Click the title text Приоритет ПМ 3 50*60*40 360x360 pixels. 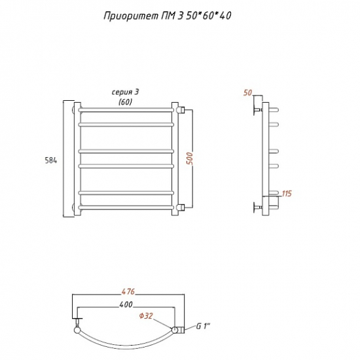point(168,16)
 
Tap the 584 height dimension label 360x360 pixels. point(51,160)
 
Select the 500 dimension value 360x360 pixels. point(190,158)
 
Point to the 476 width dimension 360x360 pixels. point(128,291)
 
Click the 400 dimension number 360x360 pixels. point(126,304)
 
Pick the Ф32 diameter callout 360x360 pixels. point(146,316)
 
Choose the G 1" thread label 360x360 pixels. point(203,326)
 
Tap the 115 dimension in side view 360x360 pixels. point(287,194)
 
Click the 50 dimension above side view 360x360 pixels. point(247,93)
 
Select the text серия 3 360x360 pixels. point(126,92)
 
